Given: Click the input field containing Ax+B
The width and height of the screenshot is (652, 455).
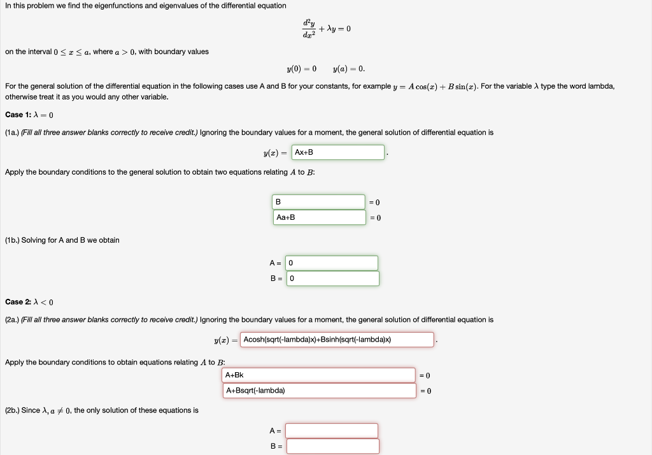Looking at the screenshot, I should coord(337,152).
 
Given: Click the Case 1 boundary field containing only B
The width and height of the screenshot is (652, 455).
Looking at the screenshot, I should coord(318,202).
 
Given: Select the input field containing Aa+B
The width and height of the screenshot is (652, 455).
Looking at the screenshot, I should coord(318,217).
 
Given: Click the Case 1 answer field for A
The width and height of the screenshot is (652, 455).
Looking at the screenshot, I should coord(332,263).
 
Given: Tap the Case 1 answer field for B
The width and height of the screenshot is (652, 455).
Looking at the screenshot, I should coord(332,278).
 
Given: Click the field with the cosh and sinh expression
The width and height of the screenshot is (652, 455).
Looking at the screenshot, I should coord(337,340).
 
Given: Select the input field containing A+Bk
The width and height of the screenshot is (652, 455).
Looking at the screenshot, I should coord(318,375).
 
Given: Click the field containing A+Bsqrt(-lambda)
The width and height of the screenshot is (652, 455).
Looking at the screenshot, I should coord(318,390).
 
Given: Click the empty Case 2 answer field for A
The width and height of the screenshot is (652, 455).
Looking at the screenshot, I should coord(331,431).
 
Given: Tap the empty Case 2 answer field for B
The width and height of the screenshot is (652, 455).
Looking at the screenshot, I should coord(332,446).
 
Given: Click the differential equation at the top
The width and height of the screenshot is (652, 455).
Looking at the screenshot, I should coord(326,29).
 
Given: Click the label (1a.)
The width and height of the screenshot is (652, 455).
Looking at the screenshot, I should coord(12,133).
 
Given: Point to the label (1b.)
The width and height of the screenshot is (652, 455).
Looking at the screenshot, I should coord(12,240).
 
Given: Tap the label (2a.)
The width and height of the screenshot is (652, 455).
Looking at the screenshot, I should coord(12,319).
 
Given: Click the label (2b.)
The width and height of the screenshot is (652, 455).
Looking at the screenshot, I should coord(12,410).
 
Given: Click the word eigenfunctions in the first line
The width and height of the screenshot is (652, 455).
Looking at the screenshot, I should coord(113,6).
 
